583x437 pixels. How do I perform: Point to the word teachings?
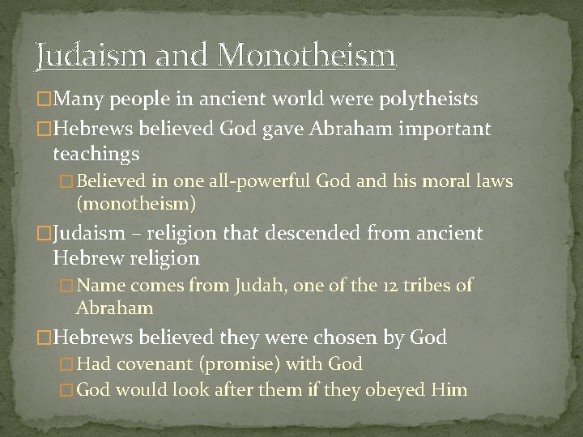point(96,153)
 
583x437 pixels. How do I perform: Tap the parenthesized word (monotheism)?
point(136,205)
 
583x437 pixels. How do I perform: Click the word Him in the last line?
point(450,390)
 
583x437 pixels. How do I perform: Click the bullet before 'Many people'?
point(43,100)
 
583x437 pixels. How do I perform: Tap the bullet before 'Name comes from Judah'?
point(68,285)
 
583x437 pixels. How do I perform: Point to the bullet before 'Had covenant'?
point(68,365)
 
